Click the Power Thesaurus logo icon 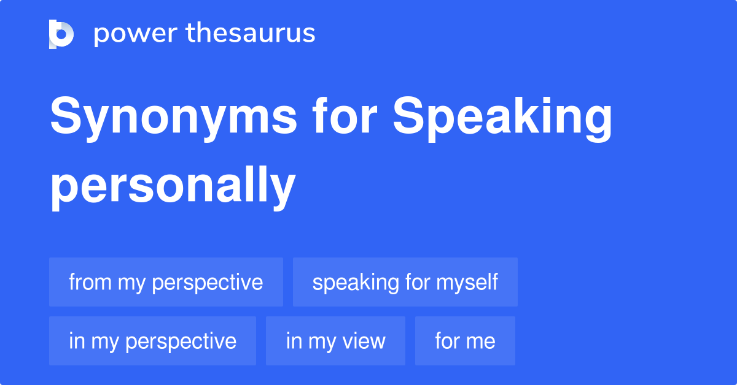pyautogui.click(x=61, y=34)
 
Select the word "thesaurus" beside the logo pyautogui.click(x=251, y=34)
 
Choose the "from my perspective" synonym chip pyautogui.click(x=166, y=282)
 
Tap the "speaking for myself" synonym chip pyautogui.click(x=405, y=282)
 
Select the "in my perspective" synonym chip pyautogui.click(x=152, y=341)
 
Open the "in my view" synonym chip pyautogui.click(x=335, y=341)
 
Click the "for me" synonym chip pyautogui.click(x=465, y=341)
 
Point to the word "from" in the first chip pyautogui.click(x=90, y=282)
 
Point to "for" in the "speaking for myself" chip pyautogui.click(x=418, y=282)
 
